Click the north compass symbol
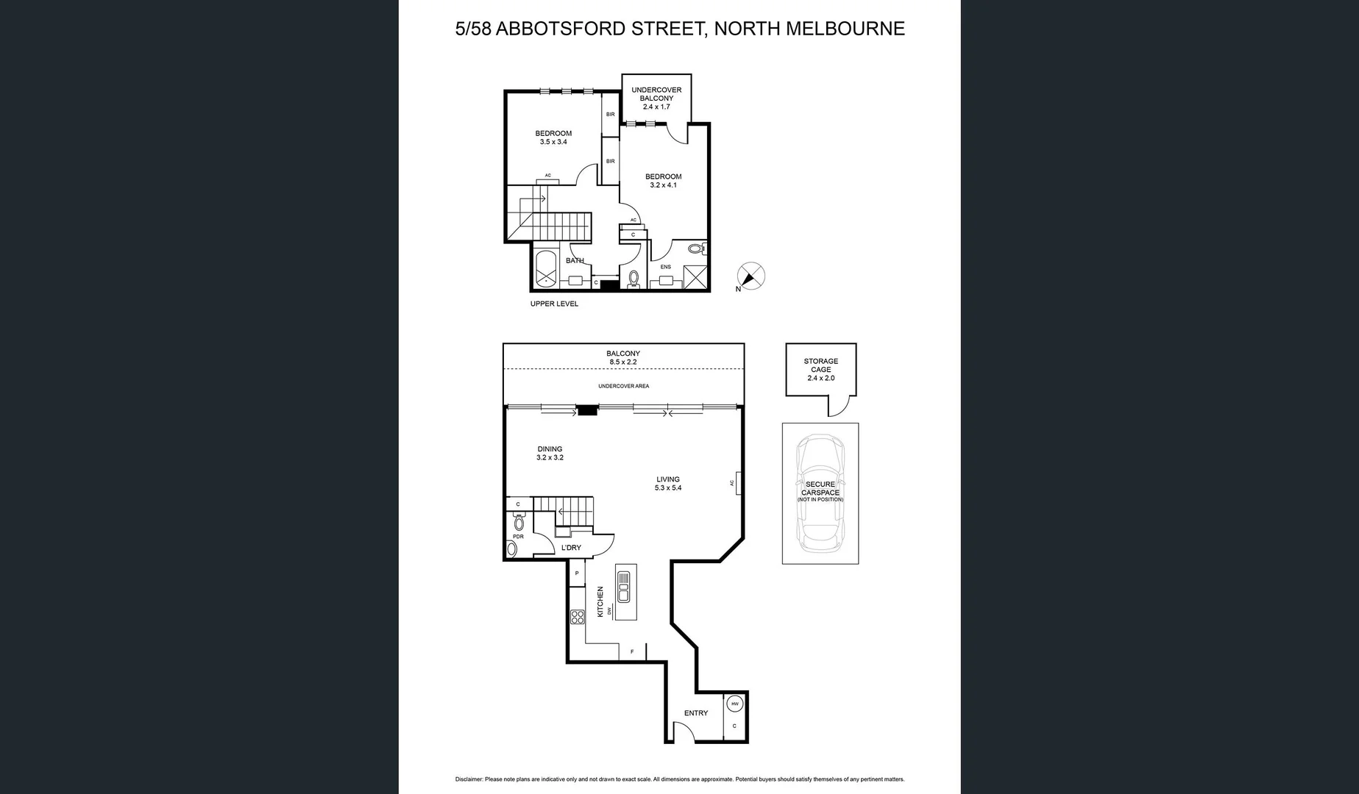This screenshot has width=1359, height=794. (x=751, y=276)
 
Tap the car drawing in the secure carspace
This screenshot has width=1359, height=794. (x=820, y=493)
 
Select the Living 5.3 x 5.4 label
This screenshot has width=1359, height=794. (x=668, y=483)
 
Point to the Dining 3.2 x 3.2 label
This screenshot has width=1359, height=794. (x=550, y=453)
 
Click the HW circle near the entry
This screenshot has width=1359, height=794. (x=734, y=704)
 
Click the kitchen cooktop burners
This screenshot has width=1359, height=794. (x=578, y=617)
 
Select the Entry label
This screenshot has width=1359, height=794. (x=695, y=713)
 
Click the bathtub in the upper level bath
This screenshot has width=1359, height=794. (x=545, y=270)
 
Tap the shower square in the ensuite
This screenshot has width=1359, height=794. (x=694, y=277)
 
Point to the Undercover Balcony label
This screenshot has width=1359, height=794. (x=656, y=98)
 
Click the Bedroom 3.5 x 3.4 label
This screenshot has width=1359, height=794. (x=553, y=137)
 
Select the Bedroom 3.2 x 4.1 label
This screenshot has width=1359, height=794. (x=663, y=180)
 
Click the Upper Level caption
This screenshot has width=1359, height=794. (x=554, y=304)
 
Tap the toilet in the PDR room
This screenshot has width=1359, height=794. (x=519, y=523)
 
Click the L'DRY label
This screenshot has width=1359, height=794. (x=571, y=548)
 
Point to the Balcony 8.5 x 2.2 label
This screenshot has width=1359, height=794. (x=623, y=357)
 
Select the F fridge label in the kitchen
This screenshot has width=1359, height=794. (x=632, y=652)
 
